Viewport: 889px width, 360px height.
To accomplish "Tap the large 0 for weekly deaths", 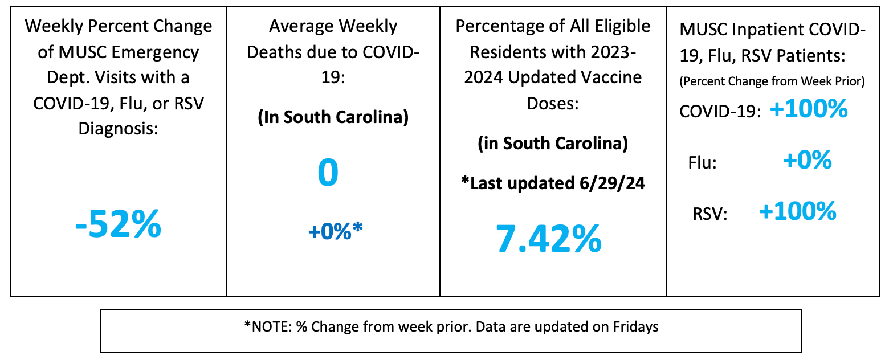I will [x=328, y=174].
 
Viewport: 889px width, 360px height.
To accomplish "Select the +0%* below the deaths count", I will [x=335, y=231].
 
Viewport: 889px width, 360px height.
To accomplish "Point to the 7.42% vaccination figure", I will [x=548, y=239].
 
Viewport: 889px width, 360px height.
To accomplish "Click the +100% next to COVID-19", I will [x=809, y=109].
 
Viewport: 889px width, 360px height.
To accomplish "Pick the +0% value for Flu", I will [x=807, y=161].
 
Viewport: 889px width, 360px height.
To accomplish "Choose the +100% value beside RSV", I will [x=797, y=212].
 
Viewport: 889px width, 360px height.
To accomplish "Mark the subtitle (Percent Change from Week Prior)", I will [x=772, y=81].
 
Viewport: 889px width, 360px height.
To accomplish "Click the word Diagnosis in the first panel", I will [x=118, y=129].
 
